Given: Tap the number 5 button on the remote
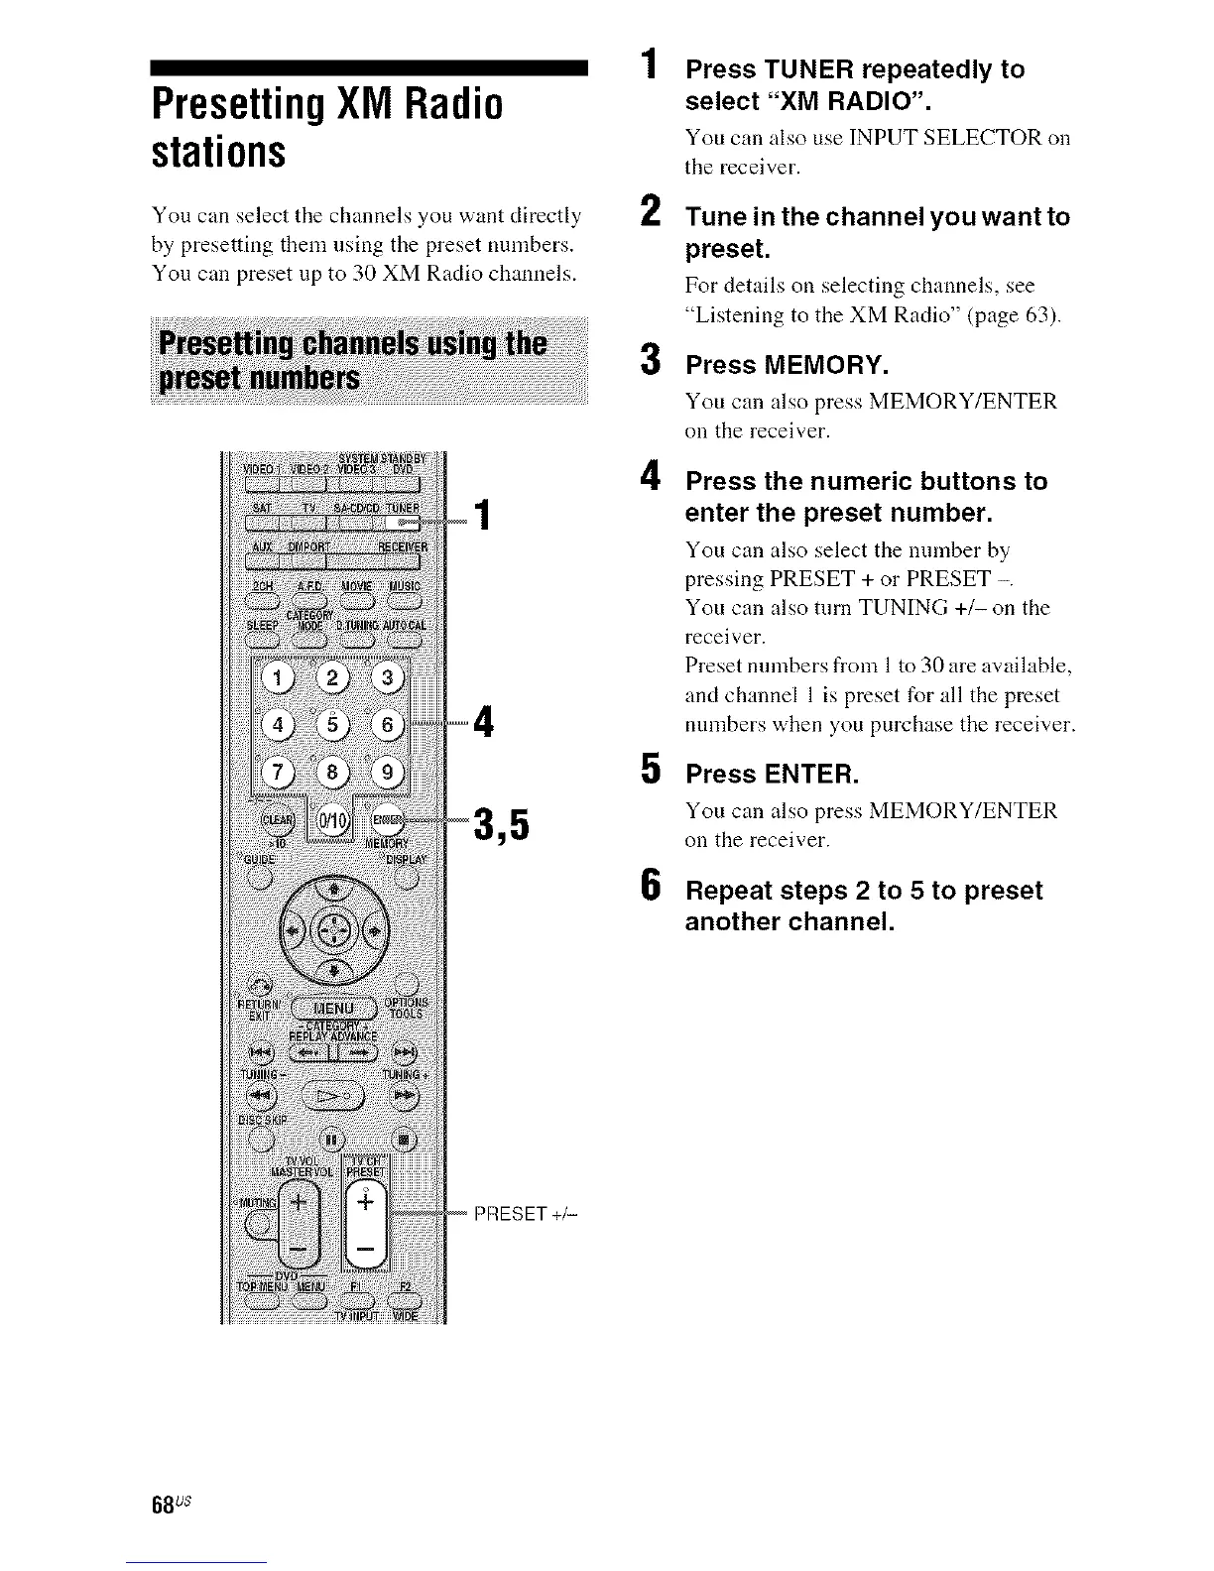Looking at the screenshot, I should pyautogui.click(x=334, y=724).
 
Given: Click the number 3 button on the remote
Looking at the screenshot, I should pyautogui.click(x=388, y=678).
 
